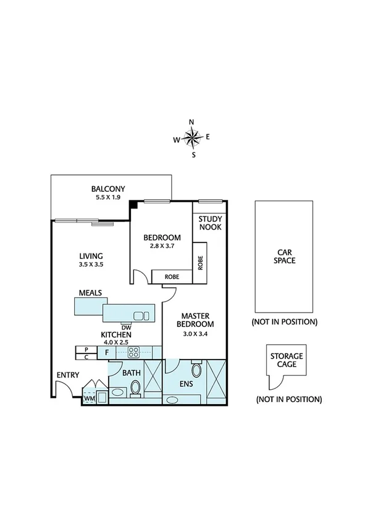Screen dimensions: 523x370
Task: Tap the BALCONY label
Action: coord(108,189)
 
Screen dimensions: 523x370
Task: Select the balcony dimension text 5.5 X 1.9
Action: coord(108,198)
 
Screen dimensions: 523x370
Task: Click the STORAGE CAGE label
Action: coord(286,360)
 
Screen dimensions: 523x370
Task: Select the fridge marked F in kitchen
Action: coord(107,352)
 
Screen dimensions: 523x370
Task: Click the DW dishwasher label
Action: coord(126,327)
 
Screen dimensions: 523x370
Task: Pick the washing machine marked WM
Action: coord(90,399)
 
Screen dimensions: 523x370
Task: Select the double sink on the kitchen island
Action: coord(141,316)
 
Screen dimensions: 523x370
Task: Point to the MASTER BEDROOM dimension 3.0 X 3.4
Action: coord(195,334)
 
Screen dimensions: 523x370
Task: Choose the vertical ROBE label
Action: coord(201,263)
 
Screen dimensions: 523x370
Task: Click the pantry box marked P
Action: coord(85,349)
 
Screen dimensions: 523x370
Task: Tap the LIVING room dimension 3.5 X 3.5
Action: coord(90,265)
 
